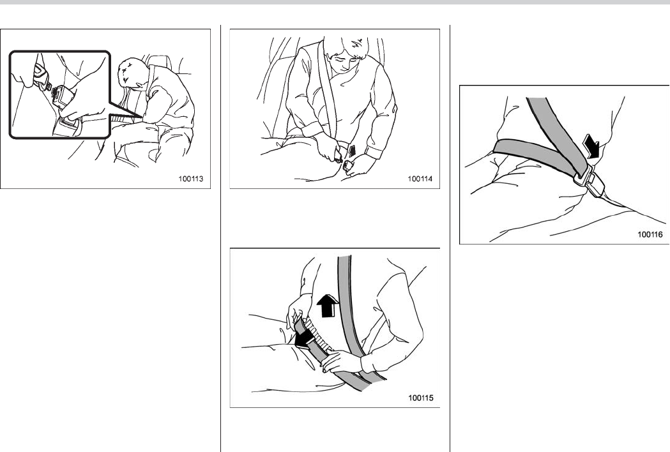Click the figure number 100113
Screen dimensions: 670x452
point(191,179)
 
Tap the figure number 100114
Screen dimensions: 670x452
point(420,179)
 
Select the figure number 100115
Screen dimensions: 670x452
point(421,398)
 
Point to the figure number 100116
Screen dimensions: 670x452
point(650,234)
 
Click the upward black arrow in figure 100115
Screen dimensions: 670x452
point(328,305)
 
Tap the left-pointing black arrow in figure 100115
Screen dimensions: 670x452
point(305,340)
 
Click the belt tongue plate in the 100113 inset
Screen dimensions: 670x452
point(42,79)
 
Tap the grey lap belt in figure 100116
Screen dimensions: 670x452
point(534,156)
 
